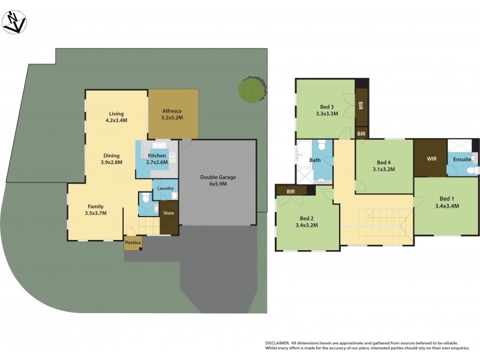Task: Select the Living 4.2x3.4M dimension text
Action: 116,120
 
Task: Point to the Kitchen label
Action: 157,156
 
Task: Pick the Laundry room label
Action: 166,188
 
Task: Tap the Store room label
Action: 169,212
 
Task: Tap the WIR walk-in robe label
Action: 430,159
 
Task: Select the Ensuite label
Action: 462,160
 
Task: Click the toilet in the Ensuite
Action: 472,171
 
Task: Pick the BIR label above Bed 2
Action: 291,191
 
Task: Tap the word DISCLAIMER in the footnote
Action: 278,341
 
